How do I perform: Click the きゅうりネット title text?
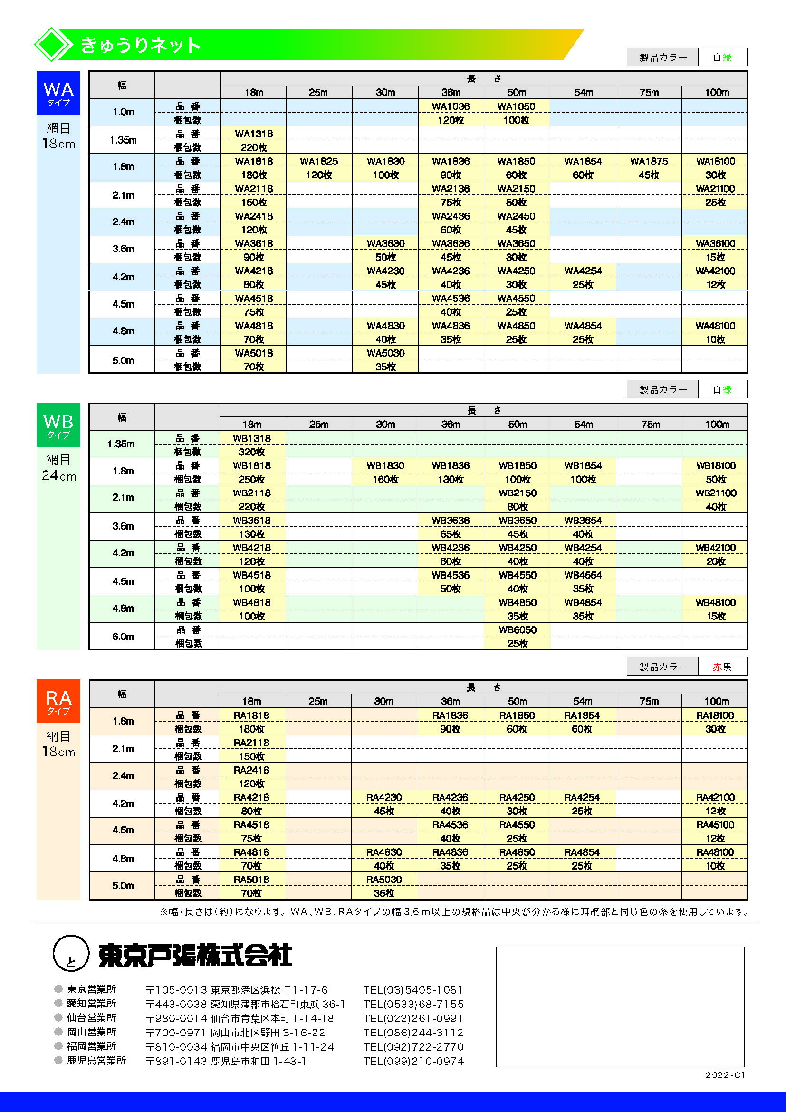point(140,45)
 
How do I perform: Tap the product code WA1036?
point(451,106)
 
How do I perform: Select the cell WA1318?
point(254,134)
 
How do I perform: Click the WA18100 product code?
point(715,161)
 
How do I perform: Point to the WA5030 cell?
point(385,353)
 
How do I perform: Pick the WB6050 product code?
point(517,629)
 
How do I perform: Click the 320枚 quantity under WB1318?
point(252,452)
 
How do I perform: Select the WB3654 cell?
point(583,520)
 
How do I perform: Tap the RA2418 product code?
point(251,770)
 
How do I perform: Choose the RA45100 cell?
point(715,825)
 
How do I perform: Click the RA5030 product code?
point(384,880)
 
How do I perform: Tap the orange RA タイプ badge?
point(58,701)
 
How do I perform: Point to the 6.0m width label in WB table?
point(123,637)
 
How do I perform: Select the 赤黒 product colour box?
point(722,667)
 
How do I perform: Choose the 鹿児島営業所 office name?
point(96,1061)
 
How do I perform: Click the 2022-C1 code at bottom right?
point(725,1075)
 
